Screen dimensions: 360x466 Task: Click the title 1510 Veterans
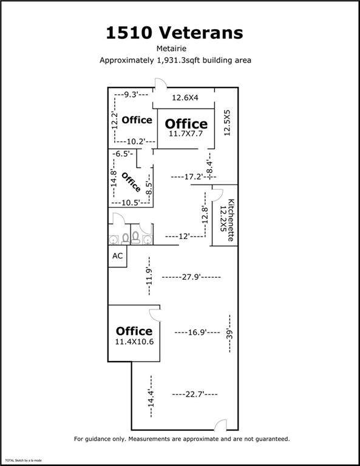(174, 33)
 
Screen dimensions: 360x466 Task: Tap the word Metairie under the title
(172, 48)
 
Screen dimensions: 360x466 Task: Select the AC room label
(117, 256)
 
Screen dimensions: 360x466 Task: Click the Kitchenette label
(231, 220)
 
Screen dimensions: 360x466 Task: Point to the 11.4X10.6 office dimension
(134, 342)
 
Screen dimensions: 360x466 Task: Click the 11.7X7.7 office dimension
(186, 133)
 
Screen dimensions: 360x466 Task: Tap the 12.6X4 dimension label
(185, 98)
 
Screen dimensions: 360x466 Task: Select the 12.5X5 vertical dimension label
(227, 123)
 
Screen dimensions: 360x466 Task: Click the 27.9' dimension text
(191, 277)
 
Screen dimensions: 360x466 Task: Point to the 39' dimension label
(229, 334)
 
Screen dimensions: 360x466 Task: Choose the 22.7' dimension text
(195, 394)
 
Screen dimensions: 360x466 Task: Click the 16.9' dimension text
(197, 333)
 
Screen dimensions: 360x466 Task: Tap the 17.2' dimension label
(194, 177)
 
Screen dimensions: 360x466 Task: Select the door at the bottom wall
(220, 425)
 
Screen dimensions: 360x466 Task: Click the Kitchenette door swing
(217, 195)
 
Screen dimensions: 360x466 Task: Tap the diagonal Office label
(131, 182)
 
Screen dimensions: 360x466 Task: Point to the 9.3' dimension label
(131, 95)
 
